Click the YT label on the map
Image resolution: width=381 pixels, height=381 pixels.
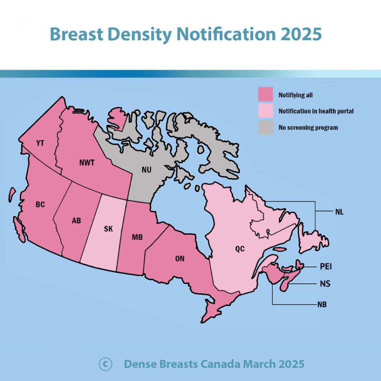click(x=40, y=143)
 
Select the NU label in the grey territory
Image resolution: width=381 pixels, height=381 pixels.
click(x=147, y=170)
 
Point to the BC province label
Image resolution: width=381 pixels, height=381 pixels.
click(x=40, y=204)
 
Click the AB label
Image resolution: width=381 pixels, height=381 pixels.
click(x=76, y=220)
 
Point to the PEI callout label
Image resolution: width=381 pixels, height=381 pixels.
click(x=326, y=266)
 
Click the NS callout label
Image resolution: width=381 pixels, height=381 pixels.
click(x=325, y=284)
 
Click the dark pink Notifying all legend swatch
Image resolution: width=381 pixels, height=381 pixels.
click(x=266, y=95)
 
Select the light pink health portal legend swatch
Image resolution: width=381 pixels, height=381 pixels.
click(x=266, y=111)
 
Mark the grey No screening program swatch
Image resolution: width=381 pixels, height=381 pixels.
click(x=266, y=128)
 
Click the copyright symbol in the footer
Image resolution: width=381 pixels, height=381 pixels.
click(x=105, y=364)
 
